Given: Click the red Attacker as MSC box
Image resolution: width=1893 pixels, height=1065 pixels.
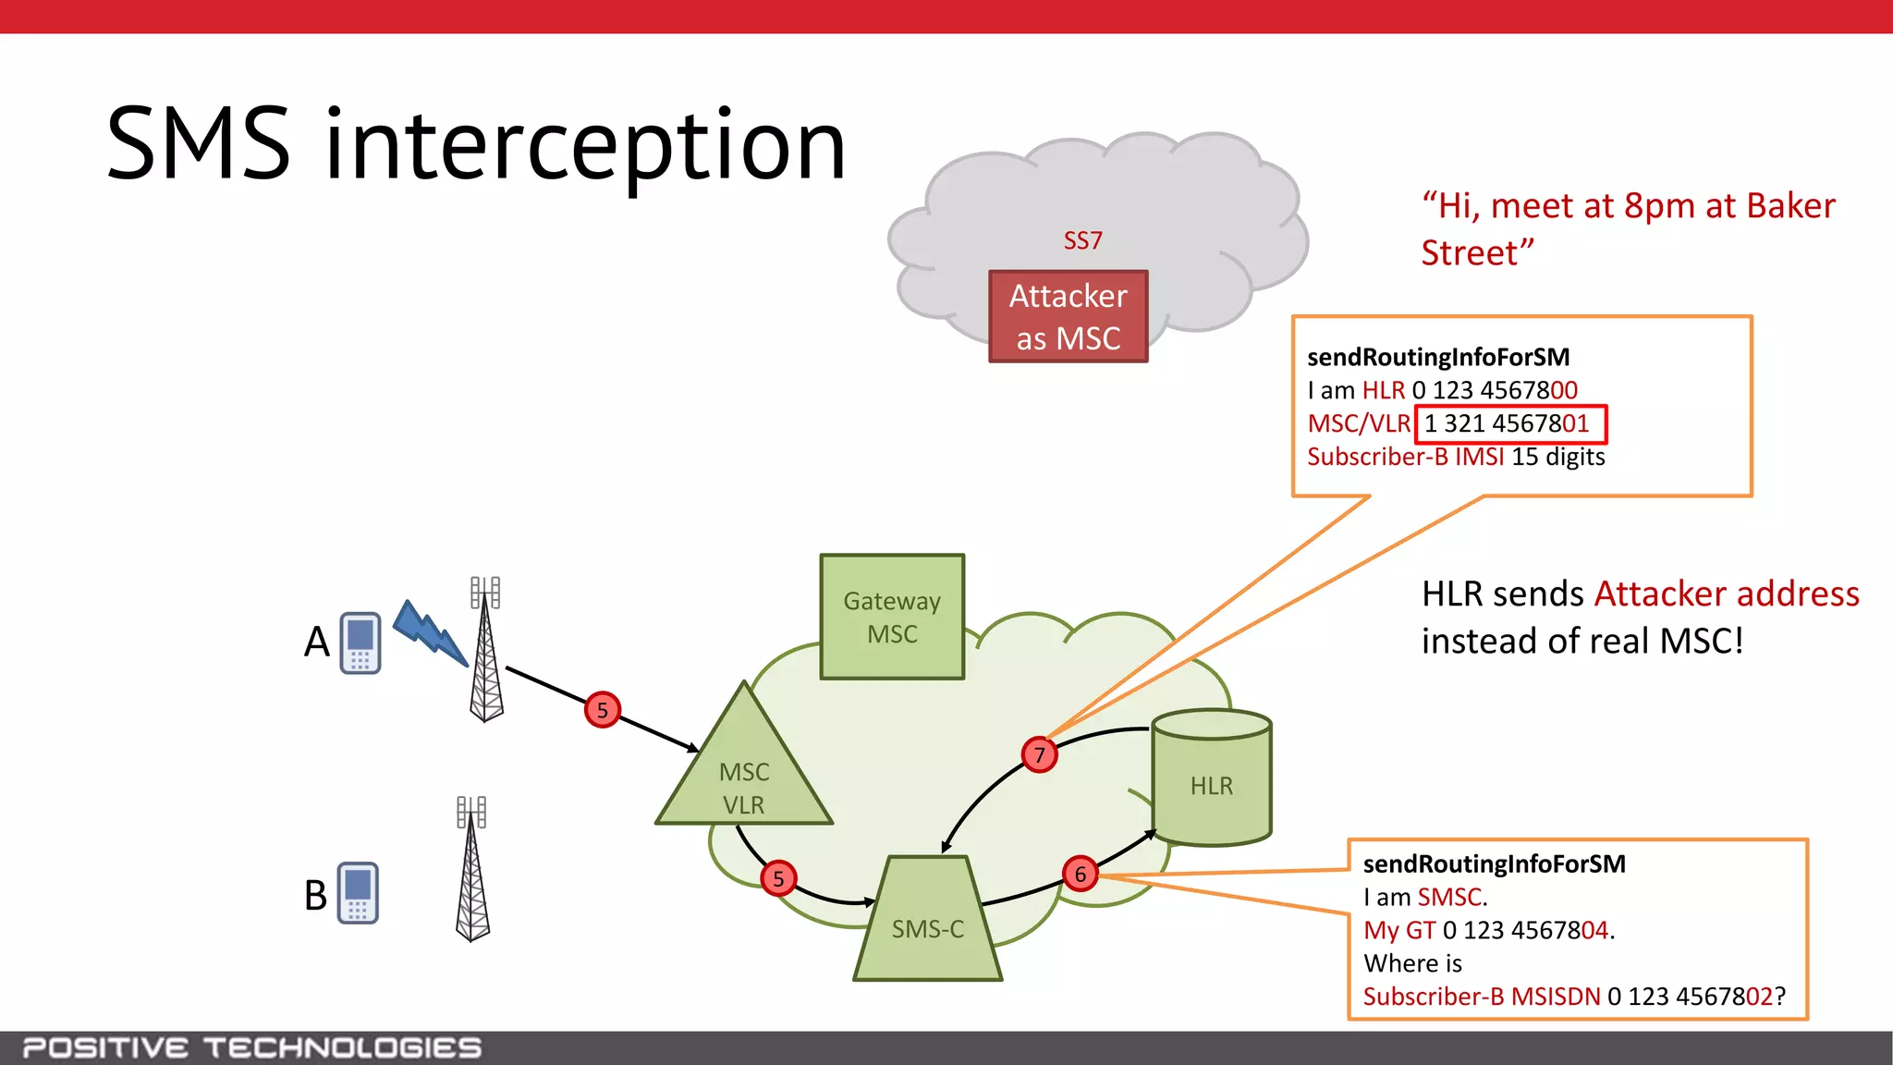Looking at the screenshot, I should click(1068, 316).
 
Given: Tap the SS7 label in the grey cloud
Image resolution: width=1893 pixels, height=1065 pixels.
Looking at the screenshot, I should click(1082, 240).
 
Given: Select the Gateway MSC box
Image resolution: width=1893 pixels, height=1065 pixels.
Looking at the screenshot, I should click(892, 617).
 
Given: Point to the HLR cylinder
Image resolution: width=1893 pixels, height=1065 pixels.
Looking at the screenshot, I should click(1211, 781).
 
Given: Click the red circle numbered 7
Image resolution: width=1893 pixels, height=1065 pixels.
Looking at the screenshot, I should click(1039, 755).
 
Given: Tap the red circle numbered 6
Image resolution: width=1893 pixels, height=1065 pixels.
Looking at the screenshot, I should click(1080, 874).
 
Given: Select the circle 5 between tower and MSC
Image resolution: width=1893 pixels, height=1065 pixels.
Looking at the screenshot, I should click(603, 710).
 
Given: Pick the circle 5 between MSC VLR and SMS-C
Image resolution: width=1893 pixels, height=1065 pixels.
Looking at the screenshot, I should click(778, 878).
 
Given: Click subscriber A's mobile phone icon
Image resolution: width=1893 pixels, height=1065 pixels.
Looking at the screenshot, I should click(360, 643).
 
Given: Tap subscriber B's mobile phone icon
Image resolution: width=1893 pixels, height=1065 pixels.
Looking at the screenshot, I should click(358, 893).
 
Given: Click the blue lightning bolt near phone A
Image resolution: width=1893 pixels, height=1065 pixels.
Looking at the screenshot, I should click(430, 633).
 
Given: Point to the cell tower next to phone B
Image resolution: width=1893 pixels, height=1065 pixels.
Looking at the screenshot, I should click(472, 869).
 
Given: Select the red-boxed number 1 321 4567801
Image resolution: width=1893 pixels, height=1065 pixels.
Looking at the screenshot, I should click(1510, 424).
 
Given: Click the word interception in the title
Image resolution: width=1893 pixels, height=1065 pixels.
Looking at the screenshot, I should click(585, 145).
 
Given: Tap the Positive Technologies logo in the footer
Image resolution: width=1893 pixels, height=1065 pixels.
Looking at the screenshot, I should click(251, 1047).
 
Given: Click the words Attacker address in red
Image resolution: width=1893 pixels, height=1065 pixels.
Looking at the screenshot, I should click(1727, 594).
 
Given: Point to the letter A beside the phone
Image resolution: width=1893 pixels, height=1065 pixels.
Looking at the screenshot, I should click(316, 642).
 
